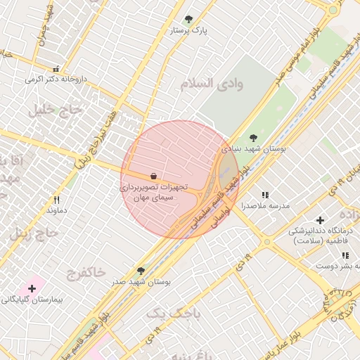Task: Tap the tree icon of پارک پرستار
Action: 188,19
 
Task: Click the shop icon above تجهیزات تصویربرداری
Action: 153,176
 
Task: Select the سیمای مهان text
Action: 155,199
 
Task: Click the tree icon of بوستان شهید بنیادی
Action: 253,138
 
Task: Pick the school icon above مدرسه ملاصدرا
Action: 265,195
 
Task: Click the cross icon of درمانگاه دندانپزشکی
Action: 321,220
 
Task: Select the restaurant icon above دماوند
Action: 56,200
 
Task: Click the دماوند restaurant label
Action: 56,210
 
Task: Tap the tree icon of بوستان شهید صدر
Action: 141,271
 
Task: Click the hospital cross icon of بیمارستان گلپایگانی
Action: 32,288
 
